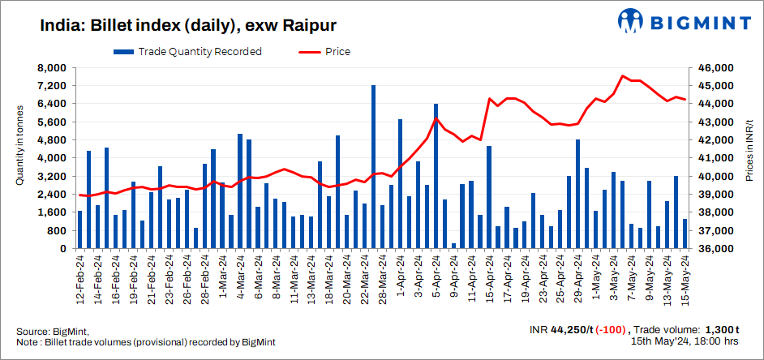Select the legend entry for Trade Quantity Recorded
tap(187, 52)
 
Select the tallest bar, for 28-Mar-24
tap(373, 166)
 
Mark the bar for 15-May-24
tap(685, 234)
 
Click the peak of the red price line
tap(622, 76)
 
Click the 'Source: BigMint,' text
tap(53, 331)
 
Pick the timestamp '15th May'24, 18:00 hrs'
tap(685, 342)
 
